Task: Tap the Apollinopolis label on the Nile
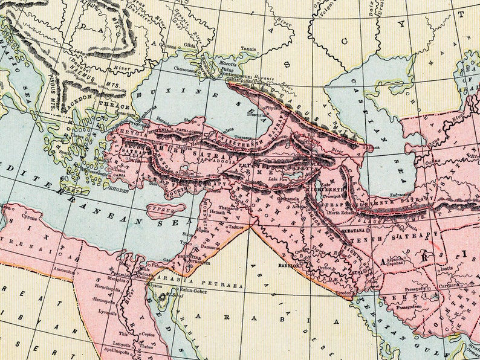click(118, 350)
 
